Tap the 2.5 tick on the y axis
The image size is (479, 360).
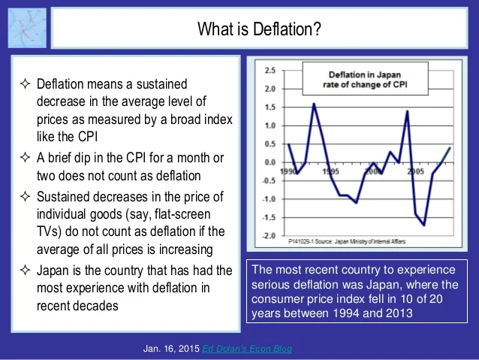point(269,70)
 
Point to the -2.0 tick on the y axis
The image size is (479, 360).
point(267,235)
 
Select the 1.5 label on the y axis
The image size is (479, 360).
point(269,107)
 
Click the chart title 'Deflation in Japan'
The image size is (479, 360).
point(366,74)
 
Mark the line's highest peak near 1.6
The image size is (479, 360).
point(314,104)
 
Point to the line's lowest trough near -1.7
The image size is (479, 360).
point(424,225)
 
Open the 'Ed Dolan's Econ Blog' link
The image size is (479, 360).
point(247,349)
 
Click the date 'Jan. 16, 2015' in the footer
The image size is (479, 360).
point(171,349)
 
